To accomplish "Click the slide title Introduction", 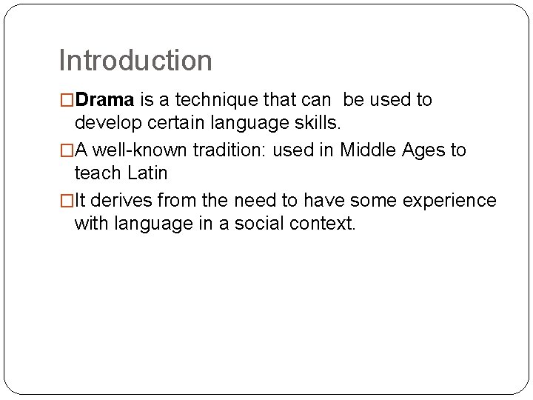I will point(135,61).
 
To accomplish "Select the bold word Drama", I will point(104,100).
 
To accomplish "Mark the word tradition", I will point(230,150).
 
